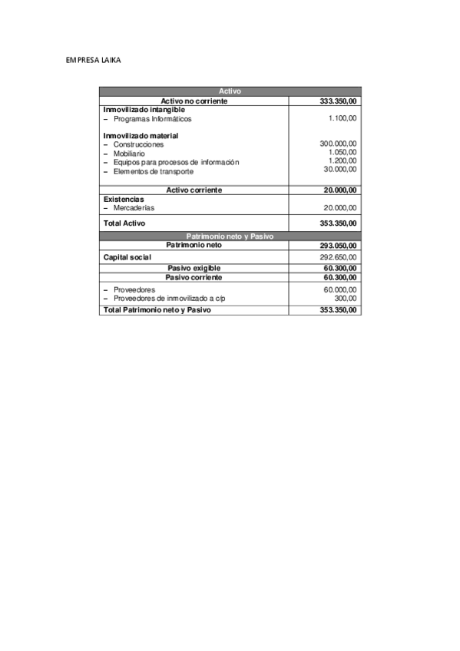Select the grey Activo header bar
[x=230, y=91]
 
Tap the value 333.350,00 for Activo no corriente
[x=338, y=101]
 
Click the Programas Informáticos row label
[x=152, y=119]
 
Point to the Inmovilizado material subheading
[x=141, y=136]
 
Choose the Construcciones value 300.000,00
[x=338, y=144]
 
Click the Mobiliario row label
[x=128, y=154]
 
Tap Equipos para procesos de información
[x=176, y=162]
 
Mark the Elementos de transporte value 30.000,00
[x=339, y=169]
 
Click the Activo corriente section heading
[x=194, y=190]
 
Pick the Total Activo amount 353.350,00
[x=338, y=223]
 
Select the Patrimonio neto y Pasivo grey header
[x=230, y=236]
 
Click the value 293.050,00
[x=338, y=246]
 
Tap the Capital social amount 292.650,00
[x=338, y=257]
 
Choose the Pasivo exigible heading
[x=194, y=267]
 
